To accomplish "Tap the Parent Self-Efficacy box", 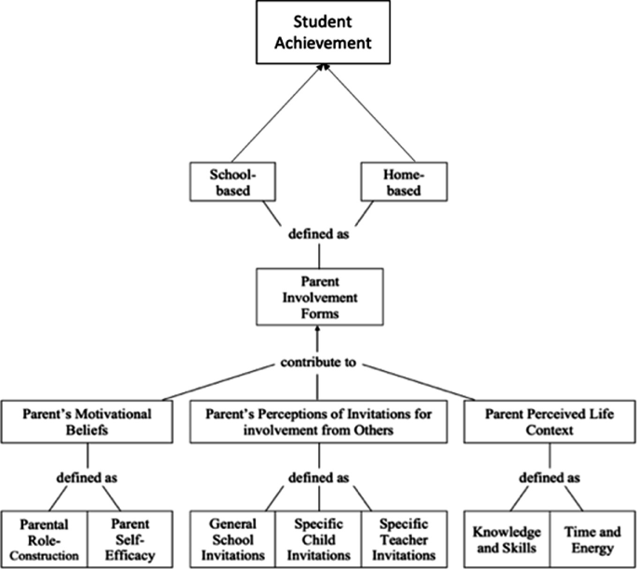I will (131, 537).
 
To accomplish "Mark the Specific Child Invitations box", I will (318, 537).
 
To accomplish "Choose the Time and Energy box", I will (591, 537).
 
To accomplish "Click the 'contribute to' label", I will (318, 362).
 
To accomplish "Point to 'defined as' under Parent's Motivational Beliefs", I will (87, 478).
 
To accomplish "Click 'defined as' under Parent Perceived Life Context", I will (548, 478).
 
